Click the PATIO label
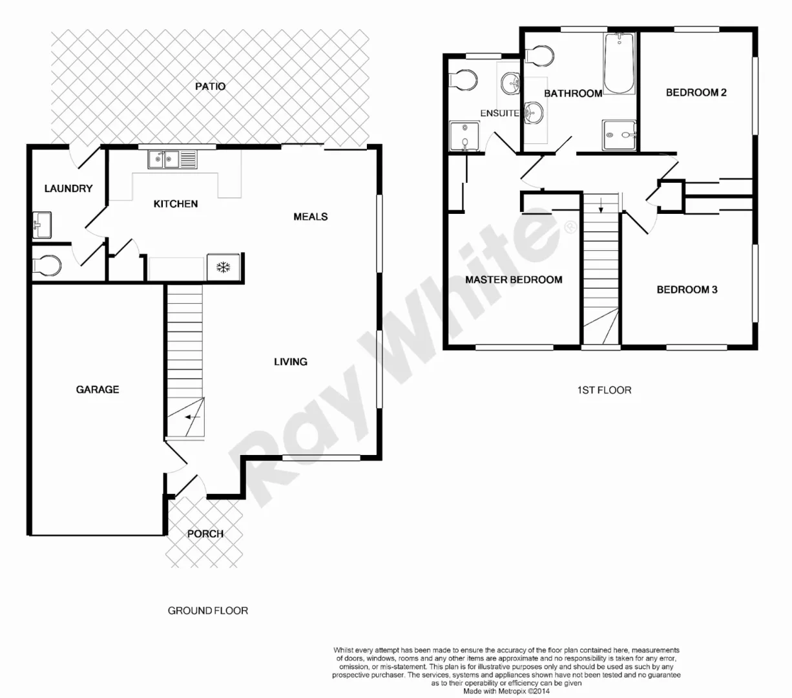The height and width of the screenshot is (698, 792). click(x=210, y=86)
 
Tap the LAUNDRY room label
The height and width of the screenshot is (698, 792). click(x=68, y=189)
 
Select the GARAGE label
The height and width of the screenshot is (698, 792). click(x=98, y=389)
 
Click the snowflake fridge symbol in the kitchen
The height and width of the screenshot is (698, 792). click(x=224, y=268)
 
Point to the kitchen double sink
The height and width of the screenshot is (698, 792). click(x=165, y=159)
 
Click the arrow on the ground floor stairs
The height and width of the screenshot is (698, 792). click(x=192, y=417)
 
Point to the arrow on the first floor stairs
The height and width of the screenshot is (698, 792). click(x=601, y=206)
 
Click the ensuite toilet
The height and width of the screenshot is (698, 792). click(x=463, y=79)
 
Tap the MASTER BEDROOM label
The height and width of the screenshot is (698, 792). click(x=514, y=280)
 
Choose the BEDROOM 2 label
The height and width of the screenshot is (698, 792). click(x=696, y=92)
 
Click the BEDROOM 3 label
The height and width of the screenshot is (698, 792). click(x=687, y=290)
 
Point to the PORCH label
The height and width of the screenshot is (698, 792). click(x=205, y=534)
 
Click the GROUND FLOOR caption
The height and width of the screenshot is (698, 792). click(x=207, y=610)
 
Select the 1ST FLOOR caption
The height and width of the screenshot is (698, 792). click(x=603, y=390)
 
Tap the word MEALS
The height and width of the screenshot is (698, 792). click(x=310, y=217)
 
